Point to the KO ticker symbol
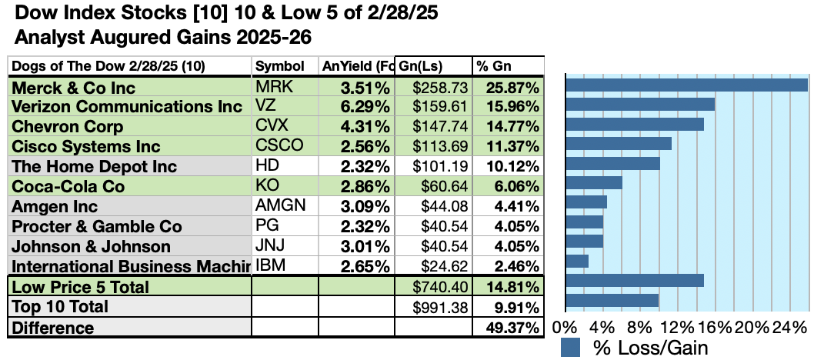[x=266, y=186]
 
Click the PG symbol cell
[x=265, y=226]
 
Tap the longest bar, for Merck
[x=686, y=84]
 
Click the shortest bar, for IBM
[x=577, y=261]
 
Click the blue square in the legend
[x=570, y=347]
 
